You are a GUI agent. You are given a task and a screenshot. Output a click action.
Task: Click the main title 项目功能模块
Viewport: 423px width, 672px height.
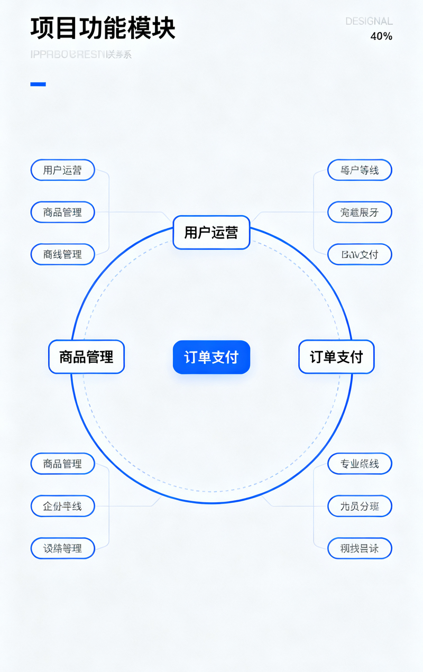pos(103,29)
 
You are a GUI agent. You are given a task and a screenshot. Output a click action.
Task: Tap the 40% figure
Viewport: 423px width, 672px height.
pos(381,36)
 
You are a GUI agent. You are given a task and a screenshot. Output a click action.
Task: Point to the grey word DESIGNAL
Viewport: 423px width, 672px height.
pos(369,21)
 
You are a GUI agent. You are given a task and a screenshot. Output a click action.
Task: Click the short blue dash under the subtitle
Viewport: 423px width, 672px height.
pos(38,84)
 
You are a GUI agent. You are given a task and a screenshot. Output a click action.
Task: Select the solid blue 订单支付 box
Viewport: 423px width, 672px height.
pos(211,357)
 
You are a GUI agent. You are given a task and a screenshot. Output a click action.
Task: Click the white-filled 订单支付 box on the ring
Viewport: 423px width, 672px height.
pos(336,357)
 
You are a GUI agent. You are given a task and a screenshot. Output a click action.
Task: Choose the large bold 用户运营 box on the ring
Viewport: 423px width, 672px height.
pos(211,232)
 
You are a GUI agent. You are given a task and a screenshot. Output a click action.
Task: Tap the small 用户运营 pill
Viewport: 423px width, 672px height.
pos(62,170)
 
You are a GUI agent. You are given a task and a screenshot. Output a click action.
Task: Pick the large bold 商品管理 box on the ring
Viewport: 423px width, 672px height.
pos(86,357)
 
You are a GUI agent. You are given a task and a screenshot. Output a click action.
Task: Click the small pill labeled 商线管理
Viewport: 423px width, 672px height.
pos(62,254)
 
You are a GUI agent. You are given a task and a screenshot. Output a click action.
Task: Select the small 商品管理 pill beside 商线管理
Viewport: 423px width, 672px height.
pos(62,212)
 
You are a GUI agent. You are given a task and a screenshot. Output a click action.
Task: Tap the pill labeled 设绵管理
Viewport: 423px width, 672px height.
pos(62,548)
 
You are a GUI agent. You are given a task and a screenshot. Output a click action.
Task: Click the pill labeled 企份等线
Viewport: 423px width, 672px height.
pos(62,506)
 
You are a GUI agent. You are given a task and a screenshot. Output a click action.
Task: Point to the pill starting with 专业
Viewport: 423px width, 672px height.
pos(360,464)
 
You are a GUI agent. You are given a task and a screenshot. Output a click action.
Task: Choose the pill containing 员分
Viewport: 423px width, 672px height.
pos(360,506)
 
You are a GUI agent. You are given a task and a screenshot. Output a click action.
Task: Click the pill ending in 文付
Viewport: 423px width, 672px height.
pos(360,254)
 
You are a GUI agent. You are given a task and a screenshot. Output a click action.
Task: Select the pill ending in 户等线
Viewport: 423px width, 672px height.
pos(360,170)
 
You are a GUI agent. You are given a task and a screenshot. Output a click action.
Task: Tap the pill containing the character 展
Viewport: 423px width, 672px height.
pos(360,212)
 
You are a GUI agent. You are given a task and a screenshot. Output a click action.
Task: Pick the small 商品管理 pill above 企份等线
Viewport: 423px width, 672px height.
pos(62,464)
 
